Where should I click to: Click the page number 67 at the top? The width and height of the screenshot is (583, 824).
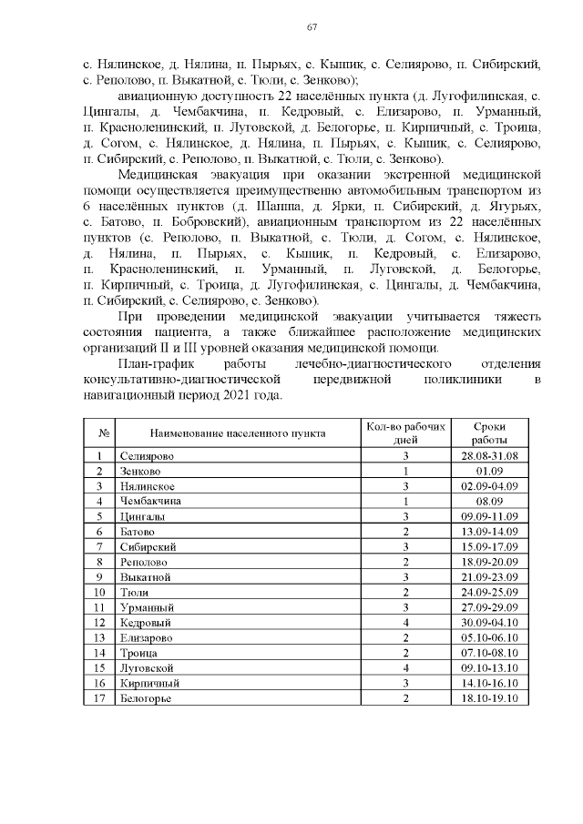tap(311, 28)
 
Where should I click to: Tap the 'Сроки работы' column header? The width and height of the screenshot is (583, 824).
tap(489, 432)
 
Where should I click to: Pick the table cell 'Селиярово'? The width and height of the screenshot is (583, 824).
tap(147, 455)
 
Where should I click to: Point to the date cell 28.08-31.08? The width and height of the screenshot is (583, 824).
tap(489, 455)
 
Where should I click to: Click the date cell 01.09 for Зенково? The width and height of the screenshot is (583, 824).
tap(489, 471)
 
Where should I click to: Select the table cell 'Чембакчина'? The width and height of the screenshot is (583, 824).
tap(150, 501)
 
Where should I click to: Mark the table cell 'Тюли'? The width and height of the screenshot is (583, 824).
tap(133, 592)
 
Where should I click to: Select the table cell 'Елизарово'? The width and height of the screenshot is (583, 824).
tap(146, 637)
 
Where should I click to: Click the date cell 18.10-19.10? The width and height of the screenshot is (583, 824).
tap(489, 698)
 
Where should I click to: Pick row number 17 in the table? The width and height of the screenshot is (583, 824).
tap(98, 698)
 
